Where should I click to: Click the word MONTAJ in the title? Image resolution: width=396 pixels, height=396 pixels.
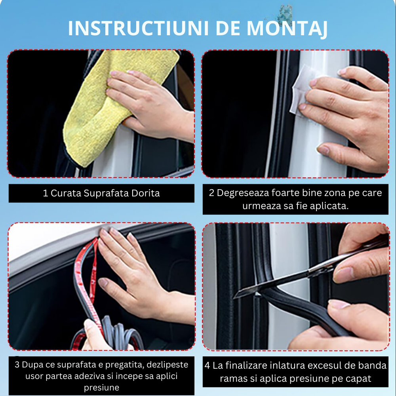pyautogui.click(x=287, y=29)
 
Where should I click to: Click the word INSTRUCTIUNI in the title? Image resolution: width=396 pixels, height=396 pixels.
pyautogui.click(x=138, y=28)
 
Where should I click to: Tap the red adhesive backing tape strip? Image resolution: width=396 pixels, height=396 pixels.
pyautogui.click(x=87, y=283)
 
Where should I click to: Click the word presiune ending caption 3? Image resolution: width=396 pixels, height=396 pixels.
pyautogui.click(x=101, y=388)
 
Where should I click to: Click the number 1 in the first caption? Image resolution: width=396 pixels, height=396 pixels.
pyautogui.click(x=46, y=193)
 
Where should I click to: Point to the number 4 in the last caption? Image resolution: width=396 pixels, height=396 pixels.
pyautogui.click(x=208, y=366)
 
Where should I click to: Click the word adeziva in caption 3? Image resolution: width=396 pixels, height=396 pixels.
pyautogui.click(x=89, y=376)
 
